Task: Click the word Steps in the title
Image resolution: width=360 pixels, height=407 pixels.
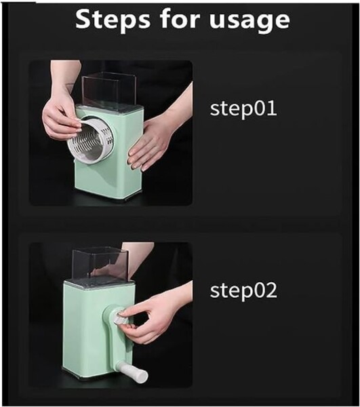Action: [113, 20]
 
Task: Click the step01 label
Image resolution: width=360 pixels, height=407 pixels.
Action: [243, 109]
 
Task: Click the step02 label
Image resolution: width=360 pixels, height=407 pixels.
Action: [243, 291]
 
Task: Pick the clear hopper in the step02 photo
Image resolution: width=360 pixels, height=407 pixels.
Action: [100, 265]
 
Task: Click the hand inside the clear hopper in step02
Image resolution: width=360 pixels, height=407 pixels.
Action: [109, 269]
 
